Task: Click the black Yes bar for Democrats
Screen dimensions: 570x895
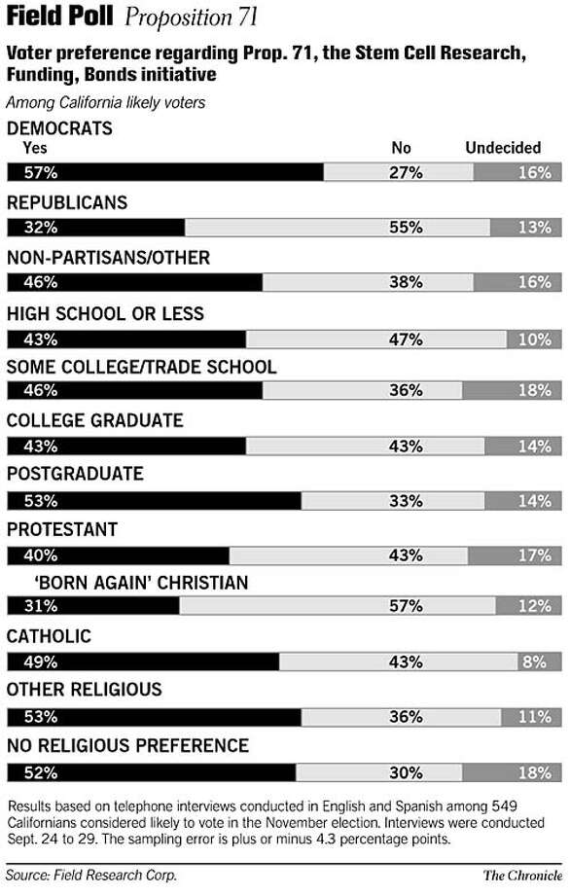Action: [x=165, y=172]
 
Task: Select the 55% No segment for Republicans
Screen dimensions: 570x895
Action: [x=338, y=228]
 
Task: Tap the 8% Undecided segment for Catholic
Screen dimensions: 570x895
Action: [x=540, y=662]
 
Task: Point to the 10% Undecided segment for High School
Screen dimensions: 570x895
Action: [x=534, y=340]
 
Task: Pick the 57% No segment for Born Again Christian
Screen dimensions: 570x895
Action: [x=338, y=606]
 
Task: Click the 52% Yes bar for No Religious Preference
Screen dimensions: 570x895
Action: [x=152, y=772]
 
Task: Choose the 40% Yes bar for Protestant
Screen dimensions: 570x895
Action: [x=118, y=555]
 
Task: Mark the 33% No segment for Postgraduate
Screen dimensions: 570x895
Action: [x=393, y=501]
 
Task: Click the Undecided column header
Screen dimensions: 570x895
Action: [x=503, y=148]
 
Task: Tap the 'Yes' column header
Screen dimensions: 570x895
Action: [x=35, y=148]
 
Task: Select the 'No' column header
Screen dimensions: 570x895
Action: [x=401, y=148]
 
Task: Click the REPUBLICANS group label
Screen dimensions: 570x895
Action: [x=67, y=202]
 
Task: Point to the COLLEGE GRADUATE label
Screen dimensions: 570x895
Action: [x=94, y=420]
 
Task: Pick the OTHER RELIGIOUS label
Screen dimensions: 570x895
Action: [x=85, y=690]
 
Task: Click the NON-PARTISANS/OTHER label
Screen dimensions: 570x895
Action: [x=108, y=258]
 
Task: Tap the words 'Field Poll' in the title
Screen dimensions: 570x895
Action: [x=59, y=16]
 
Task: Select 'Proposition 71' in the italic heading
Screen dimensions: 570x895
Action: [x=192, y=18]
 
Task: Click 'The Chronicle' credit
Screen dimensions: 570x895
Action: [x=522, y=876]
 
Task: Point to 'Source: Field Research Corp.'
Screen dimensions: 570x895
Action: [x=91, y=876]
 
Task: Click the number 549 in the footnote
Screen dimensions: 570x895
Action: [x=504, y=805]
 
